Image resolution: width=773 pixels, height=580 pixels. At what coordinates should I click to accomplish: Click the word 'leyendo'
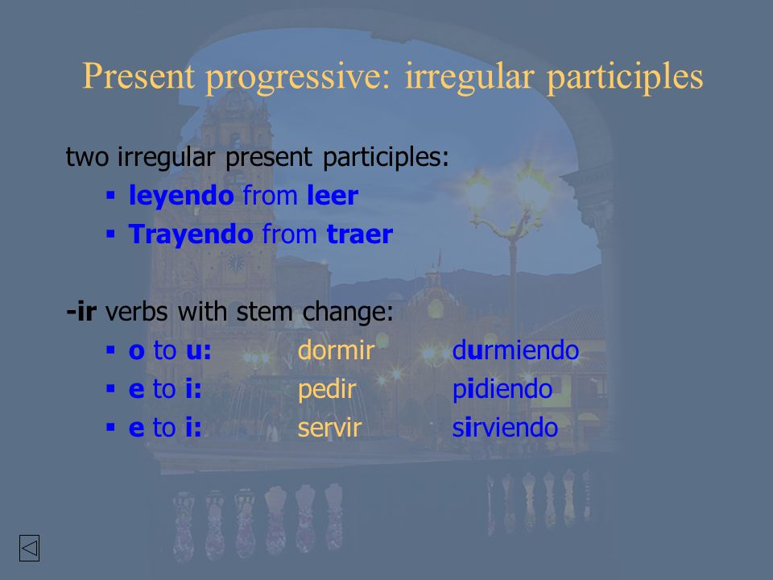(181, 197)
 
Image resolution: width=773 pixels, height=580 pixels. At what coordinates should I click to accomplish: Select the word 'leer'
(333, 195)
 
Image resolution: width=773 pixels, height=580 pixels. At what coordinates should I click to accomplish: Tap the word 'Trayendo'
(191, 235)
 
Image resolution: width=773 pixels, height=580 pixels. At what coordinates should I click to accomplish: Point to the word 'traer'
(360, 234)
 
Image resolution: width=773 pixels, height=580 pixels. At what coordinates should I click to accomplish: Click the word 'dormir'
(337, 350)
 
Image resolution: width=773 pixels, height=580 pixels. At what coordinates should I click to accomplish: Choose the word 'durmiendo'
(515, 350)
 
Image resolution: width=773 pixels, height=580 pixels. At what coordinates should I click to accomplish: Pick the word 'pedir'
(327, 390)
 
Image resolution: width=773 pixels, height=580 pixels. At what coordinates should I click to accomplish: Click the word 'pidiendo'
(502, 390)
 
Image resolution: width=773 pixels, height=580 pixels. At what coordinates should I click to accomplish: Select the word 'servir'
(330, 428)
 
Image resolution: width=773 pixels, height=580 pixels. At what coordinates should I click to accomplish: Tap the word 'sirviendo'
(505, 428)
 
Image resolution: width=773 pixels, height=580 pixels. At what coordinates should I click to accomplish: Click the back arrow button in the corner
(30, 548)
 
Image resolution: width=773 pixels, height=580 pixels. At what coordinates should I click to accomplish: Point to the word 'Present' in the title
(138, 77)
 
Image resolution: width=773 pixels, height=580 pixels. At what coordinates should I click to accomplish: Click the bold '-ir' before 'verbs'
(81, 312)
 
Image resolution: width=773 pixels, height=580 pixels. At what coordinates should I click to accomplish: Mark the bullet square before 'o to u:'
(110, 350)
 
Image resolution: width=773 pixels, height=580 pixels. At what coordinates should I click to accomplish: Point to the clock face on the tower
(236, 263)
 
